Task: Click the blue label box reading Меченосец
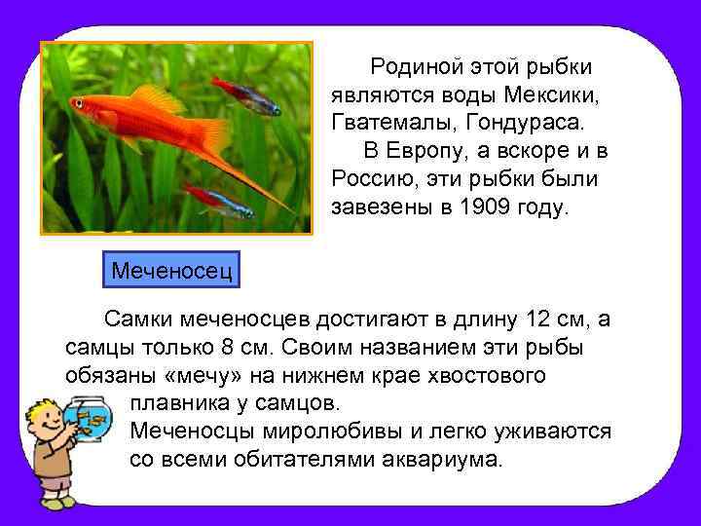171,267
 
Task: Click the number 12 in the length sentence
537,319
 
